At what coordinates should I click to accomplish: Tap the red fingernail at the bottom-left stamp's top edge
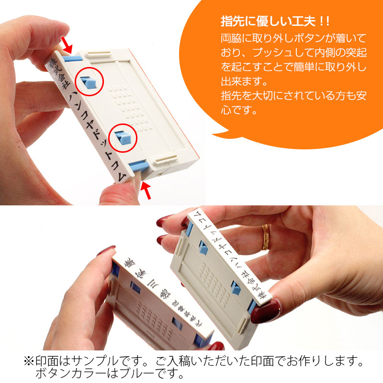[106, 251]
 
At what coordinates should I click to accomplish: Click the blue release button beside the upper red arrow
[73, 58]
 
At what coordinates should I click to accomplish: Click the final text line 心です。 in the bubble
[239, 111]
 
